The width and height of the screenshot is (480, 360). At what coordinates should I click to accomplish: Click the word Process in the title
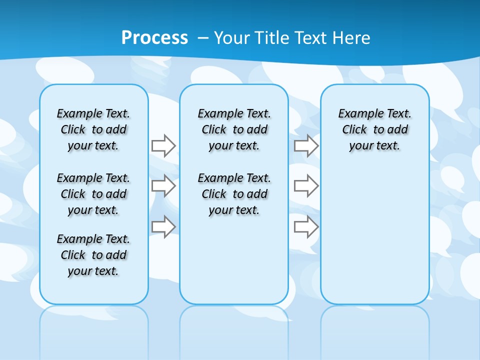pos(154,38)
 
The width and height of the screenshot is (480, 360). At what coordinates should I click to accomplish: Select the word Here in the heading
pos(352,38)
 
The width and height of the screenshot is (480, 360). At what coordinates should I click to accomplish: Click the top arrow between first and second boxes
pos(163,145)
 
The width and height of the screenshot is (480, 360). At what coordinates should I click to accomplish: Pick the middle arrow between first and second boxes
pos(163,186)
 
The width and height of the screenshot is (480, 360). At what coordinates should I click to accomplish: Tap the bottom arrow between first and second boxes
pos(163,227)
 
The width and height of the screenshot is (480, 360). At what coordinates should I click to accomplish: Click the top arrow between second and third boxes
pos(306,146)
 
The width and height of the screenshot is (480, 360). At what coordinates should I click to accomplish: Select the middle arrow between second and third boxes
pos(306,186)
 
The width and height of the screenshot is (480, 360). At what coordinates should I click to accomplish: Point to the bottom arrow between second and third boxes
pos(306,227)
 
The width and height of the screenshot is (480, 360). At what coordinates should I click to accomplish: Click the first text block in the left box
pos(93,129)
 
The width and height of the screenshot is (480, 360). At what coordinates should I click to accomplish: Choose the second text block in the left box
pos(93,194)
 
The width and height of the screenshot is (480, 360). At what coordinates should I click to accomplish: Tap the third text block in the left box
pos(93,255)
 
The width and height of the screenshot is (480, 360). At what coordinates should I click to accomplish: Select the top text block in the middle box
pos(234,129)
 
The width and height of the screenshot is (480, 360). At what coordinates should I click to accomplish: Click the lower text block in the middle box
pos(234,194)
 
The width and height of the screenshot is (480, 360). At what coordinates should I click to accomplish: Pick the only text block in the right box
pos(374,129)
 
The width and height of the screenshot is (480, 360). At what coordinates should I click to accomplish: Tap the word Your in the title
pos(231,38)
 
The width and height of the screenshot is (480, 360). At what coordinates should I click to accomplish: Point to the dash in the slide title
pos(203,38)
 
